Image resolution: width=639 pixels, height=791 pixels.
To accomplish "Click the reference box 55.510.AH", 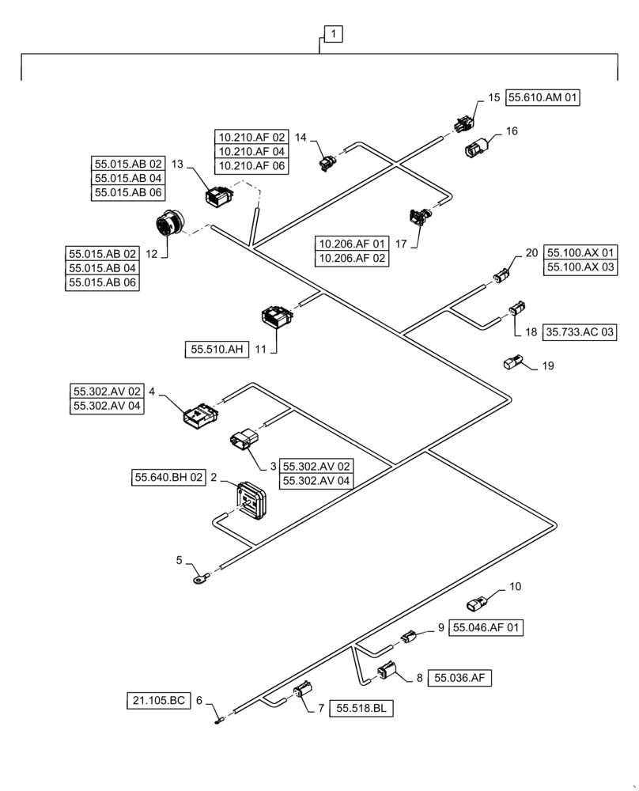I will click(x=216, y=348).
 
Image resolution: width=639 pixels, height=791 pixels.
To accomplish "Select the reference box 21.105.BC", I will click(x=158, y=700).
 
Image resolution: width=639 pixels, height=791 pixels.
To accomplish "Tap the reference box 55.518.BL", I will click(x=361, y=708).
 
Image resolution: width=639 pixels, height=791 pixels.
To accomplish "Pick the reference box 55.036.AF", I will click(x=459, y=678).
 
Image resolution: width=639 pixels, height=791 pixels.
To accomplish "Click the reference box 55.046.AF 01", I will click(x=487, y=628).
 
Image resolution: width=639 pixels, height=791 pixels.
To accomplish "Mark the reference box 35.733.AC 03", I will click(x=580, y=333).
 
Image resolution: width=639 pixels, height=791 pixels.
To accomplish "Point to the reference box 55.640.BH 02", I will click(x=169, y=477).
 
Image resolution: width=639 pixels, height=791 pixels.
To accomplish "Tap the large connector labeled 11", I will click(x=277, y=316).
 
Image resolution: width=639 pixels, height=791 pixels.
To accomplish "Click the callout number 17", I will click(x=401, y=244).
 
